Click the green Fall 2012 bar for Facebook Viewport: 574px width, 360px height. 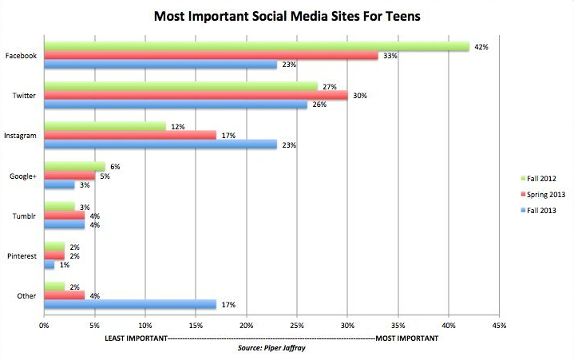[x=255, y=46]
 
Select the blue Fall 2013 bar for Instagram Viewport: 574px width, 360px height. [x=160, y=145]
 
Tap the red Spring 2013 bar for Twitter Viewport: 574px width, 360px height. [x=195, y=95]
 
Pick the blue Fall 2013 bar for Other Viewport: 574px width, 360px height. [x=129, y=304]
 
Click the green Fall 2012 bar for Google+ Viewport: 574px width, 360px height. [x=74, y=166]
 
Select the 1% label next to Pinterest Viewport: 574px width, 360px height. [x=64, y=265]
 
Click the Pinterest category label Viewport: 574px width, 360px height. [x=19, y=255]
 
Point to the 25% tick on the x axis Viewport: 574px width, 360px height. [x=297, y=326]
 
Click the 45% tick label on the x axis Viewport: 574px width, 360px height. [x=500, y=326]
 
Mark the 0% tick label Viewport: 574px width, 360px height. [x=45, y=326]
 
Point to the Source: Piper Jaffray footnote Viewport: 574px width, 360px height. [x=271, y=349]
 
